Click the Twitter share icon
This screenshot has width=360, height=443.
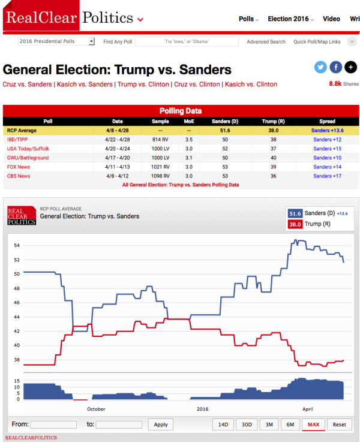click(x=320, y=68)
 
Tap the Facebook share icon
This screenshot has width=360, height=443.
click(x=335, y=68)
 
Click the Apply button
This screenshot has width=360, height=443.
click(x=161, y=424)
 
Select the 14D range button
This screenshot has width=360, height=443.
click(x=223, y=424)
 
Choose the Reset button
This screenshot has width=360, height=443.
click(x=340, y=424)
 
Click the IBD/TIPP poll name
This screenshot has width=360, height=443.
click(x=19, y=139)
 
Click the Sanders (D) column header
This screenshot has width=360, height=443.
click(x=225, y=121)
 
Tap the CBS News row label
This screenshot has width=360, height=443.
click(x=18, y=176)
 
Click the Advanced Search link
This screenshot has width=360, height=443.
click(x=266, y=42)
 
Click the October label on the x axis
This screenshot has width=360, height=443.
click(x=96, y=409)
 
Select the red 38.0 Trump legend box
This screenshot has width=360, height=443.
click(x=295, y=224)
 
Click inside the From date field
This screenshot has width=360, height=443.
click(x=53, y=424)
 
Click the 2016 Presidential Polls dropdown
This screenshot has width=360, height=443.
click(x=56, y=42)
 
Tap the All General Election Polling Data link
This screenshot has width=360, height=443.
click(x=180, y=185)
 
